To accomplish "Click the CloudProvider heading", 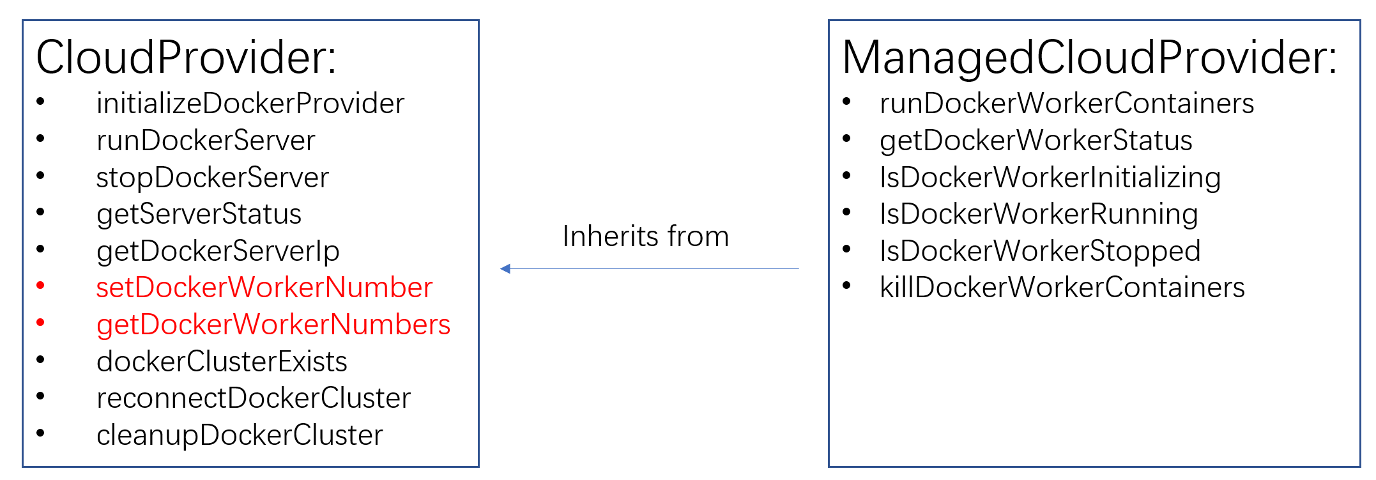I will click(186, 58).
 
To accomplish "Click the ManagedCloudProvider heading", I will click(1089, 58).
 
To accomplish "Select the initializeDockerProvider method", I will click(250, 104).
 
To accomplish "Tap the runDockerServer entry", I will click(206, 141).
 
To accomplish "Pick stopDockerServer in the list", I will click(212, 178).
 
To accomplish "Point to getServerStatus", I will click(199, 214).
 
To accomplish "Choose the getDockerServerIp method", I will click(218, 251).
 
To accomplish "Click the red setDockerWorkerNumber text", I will click(264, 288).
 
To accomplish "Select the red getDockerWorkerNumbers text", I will click(273, 325).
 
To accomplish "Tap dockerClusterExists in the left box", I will click(222, 362).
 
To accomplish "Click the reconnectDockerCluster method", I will click(254, 398).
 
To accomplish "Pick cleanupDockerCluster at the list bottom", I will click(240, 435).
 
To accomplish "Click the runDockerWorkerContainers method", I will click(1067, 104).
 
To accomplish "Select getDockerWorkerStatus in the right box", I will click(1036, 141).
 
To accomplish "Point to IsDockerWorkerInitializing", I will click(1050, 178).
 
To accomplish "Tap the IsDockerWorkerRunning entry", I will click(1039, 214).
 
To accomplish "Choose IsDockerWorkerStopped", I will click(1040, 251).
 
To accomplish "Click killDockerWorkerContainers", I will click(1062, 288).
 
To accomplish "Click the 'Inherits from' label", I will click(645, 236).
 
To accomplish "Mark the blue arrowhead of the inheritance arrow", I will click(505, 269).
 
